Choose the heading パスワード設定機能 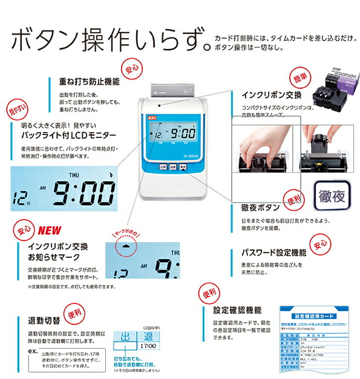275,251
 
